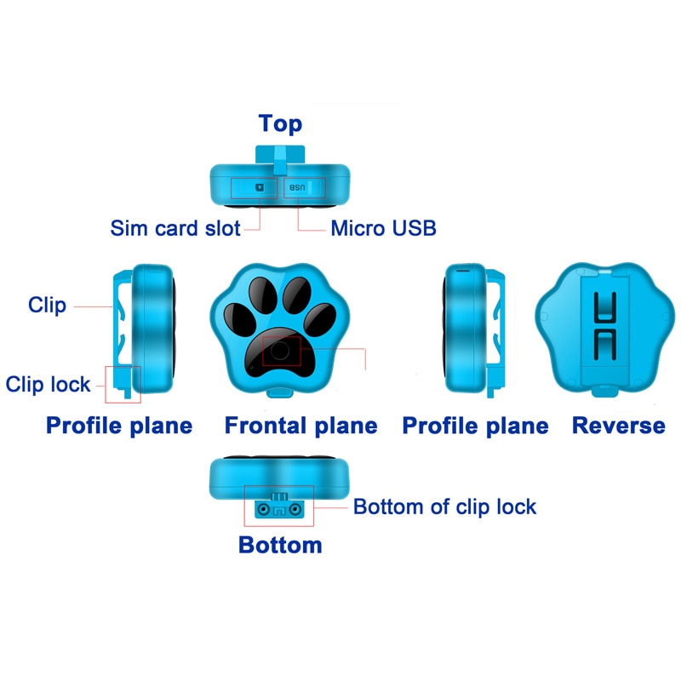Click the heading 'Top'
coord(280,123)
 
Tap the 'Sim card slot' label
coord(175,228)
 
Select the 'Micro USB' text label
coord(383,228)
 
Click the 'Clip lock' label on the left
coord(48,384)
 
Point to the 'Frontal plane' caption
coord(300,426)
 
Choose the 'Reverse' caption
coord(618,426)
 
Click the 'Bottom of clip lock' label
coord(444,507)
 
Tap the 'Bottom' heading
coord(280,545)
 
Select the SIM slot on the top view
coord(260,186)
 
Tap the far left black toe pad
coord(237,319)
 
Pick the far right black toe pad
coord(320,318)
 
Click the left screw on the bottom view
coord(263,509)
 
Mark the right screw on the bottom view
coord(295,509)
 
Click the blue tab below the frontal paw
coord(279,392)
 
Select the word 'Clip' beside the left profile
coord(47,305)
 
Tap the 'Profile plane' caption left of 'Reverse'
coord(475,426)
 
